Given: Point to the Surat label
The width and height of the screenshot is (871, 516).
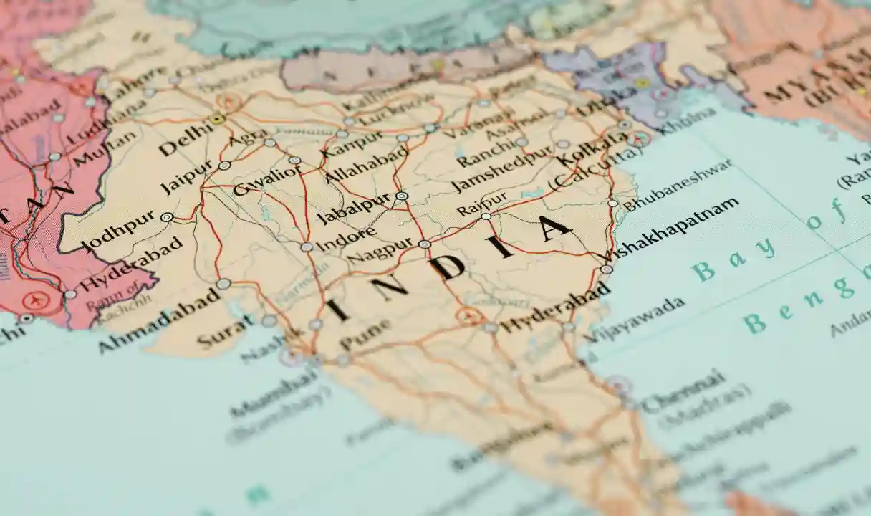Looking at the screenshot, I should (x=225, y=333).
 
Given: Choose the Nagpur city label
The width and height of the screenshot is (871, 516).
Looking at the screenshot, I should (x=380, y=253).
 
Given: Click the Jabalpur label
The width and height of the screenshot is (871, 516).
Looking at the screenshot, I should (x=353, y=207).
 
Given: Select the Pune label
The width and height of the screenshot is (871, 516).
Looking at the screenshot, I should (x=365, y=334).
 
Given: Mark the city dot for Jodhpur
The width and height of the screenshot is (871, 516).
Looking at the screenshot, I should (x=167, y=217).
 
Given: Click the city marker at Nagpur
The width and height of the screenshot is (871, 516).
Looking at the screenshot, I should (x=425, y=244).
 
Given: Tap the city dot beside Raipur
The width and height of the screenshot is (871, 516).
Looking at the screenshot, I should (x=486, y=216).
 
